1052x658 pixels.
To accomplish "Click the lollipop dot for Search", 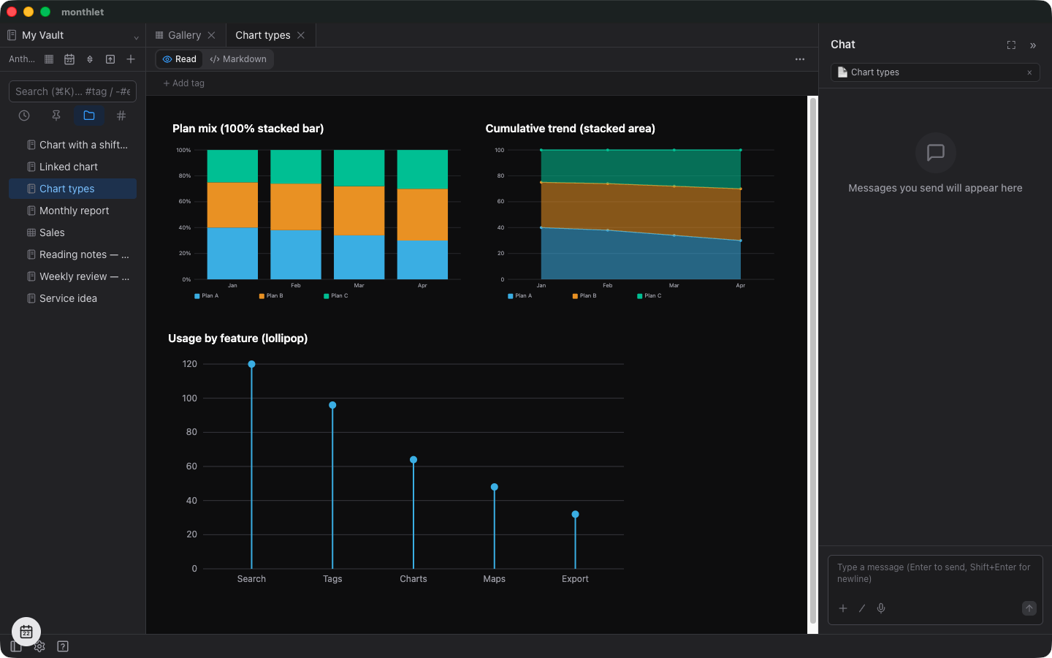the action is point(252,364).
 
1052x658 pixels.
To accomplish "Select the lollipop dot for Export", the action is point(576,514).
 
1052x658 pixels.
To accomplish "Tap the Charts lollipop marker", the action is point(413,460).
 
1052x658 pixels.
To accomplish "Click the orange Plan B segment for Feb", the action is point(296,207).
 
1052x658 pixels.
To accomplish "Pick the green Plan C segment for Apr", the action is point(422,169).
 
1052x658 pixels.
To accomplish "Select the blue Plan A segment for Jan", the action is point(232,253).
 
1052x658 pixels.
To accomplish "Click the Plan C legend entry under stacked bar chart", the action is point(336,295).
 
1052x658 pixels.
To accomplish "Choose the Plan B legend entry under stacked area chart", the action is point(584,295).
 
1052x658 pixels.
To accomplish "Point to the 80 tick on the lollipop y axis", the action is point(191,432).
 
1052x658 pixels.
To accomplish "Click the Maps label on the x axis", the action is point(494,578).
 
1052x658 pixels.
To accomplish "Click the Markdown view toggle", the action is point(238,59).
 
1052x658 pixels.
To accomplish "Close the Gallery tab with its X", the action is point(211,35).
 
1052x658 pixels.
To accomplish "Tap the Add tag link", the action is point(183,83).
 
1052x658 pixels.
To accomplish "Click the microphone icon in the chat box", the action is point(881,608).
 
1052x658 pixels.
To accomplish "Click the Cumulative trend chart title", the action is point(570,129).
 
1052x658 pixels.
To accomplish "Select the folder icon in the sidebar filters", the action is point(89,116).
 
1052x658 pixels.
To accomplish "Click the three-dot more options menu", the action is point(800,59).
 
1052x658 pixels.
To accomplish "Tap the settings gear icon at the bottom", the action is point(39,646).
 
